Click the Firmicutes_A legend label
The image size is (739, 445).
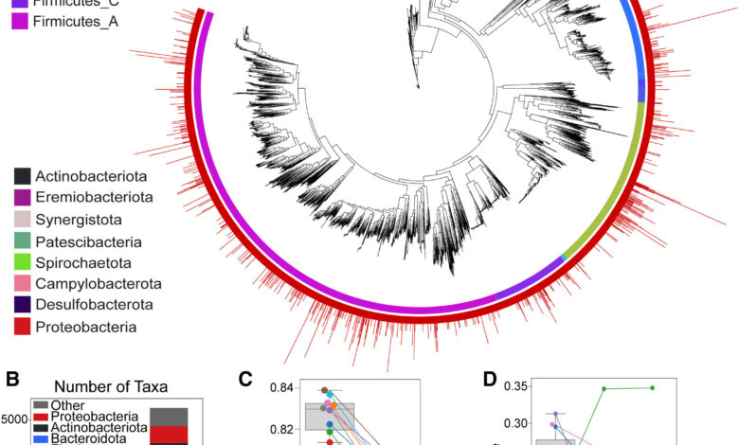(75, 21)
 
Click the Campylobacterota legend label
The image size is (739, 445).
(98, 284)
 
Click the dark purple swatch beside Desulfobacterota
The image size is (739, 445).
(22, 306)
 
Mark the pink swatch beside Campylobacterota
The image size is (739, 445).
(22, 284)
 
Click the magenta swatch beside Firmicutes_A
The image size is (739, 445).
(22, 21)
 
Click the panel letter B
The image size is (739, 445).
(13, 381)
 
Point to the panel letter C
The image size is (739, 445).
(246, 381)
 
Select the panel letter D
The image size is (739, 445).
(491, 381)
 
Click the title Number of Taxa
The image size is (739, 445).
(99, 386)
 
